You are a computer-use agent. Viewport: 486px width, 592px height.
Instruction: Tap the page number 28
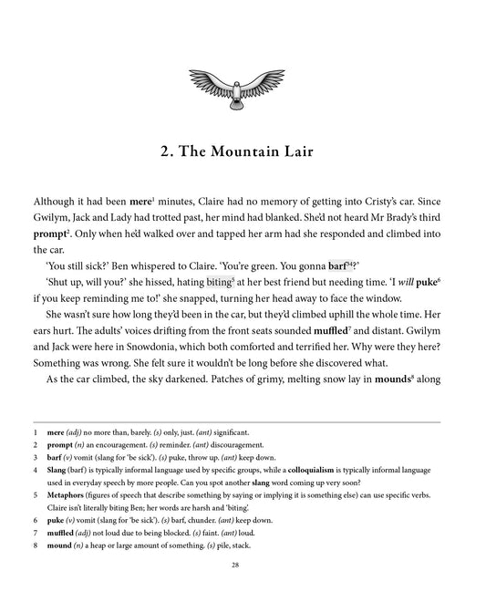243,566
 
